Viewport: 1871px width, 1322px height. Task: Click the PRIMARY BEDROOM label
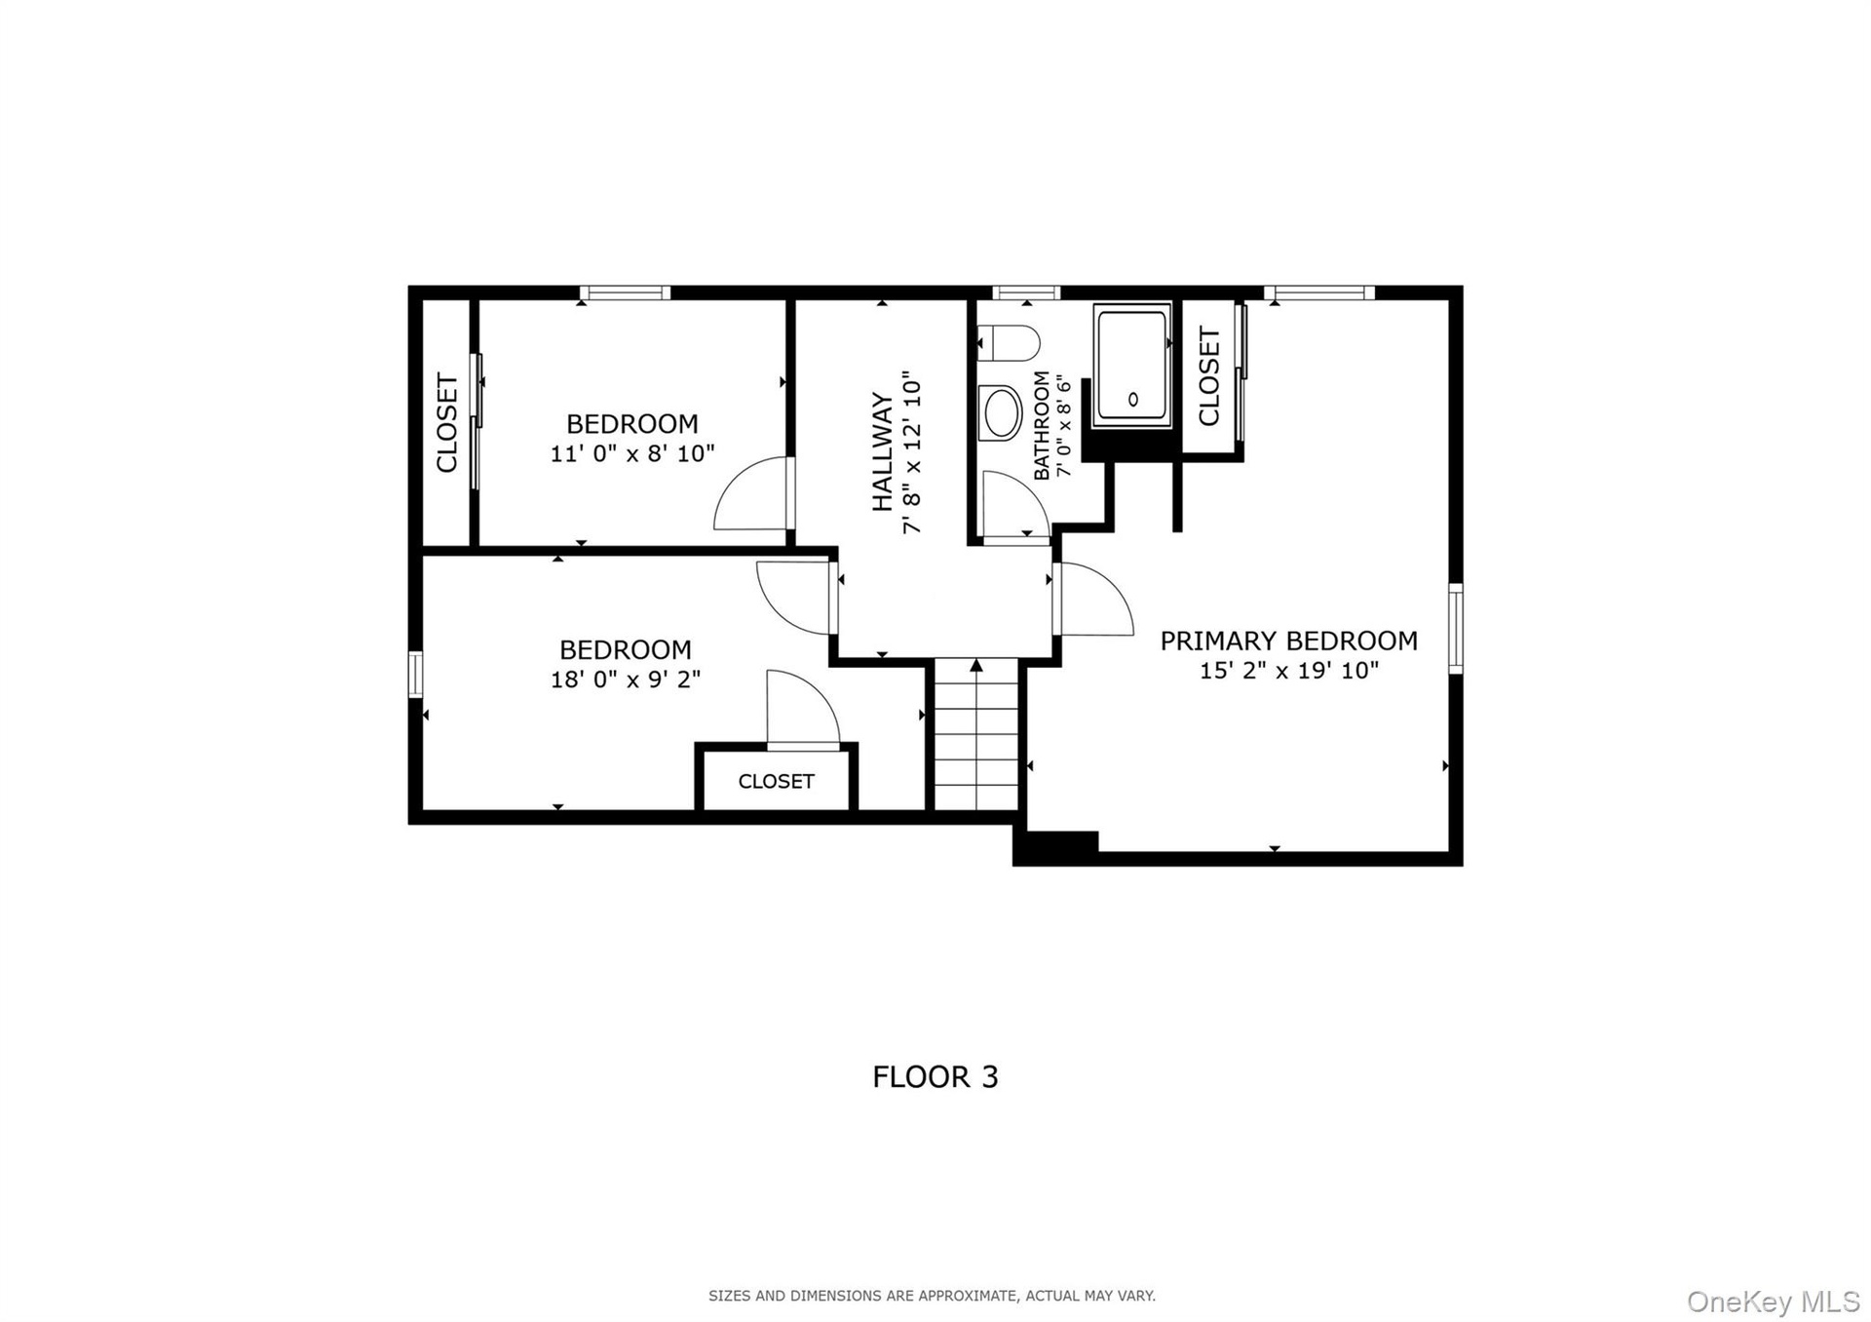[x=1288, y=641]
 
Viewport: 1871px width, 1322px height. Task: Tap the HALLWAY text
[x=883, y=451]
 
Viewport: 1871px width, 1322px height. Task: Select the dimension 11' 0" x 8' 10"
[x=632, y=453]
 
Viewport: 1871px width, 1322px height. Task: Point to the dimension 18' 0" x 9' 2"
[x=626, y=679]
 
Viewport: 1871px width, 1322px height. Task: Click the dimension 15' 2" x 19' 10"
[x=1289, y=671]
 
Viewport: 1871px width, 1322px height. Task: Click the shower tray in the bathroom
[x=1131, y=365]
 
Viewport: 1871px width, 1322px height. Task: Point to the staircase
[x=976, y=734]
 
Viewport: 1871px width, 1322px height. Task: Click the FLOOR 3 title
[x=935, y=1076]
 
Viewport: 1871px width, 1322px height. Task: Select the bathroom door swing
[x=1015, y=505]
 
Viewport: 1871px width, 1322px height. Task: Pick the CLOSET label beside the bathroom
[x=1209, y=376]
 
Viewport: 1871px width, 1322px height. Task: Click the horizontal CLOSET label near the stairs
[x=776, y=781]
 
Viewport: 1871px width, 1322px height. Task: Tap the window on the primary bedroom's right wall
[x=1455, y=628]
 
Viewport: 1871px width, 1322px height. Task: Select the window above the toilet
[x=1026, y=292]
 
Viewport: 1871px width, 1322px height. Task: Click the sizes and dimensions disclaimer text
[x=932, y=1296]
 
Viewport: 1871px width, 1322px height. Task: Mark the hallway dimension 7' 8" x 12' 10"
[x=912, y=451]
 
